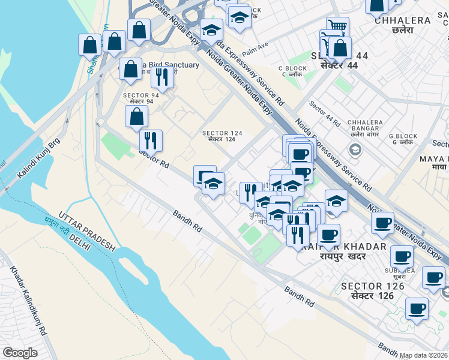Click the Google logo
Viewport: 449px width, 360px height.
coord(20,353)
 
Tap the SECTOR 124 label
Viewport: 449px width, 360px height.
coord(222,136)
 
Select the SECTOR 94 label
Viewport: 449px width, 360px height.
coord(141,98)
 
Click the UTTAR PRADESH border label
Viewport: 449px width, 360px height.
coord(86,230)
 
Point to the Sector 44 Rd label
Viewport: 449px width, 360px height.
coord(325,113)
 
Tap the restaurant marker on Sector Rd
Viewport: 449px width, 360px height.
coord(151,140)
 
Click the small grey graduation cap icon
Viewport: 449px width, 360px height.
coord(355,149)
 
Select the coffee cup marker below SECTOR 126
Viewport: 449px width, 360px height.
coord(417,310)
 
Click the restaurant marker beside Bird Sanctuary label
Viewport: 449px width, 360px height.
coord(162,76)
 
